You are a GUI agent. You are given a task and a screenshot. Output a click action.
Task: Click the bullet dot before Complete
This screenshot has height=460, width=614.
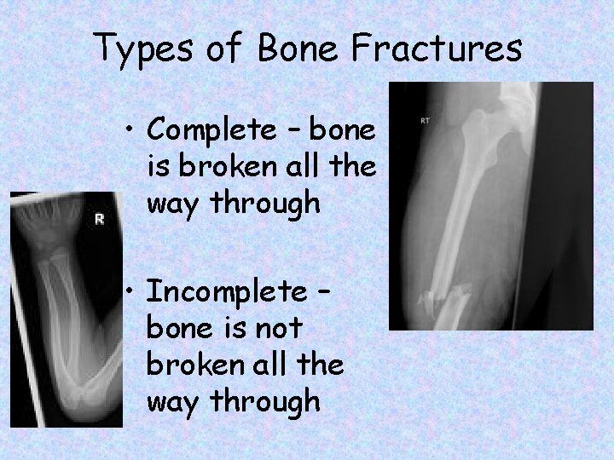[130, 129]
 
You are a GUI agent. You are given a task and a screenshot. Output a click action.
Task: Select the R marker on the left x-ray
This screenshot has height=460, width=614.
[99, 220]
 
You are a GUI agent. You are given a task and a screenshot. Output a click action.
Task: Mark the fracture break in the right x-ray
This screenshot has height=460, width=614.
[443, 298]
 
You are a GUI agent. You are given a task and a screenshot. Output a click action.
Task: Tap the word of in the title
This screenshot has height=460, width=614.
[225, 49]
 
